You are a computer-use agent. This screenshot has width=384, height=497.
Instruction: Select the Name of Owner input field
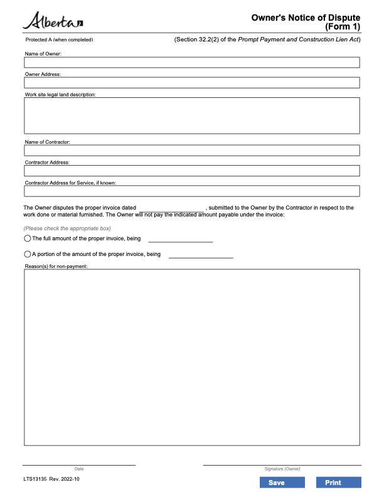point(191,63)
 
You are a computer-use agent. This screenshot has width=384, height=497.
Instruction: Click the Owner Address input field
point(191,83)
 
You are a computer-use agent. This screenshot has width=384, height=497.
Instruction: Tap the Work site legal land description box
point(191,115)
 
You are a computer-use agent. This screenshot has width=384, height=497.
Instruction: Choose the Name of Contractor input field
point(191,151)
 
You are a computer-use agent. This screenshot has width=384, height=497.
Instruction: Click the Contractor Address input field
point(191,171)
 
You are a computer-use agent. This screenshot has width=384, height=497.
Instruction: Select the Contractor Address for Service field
point(191,191)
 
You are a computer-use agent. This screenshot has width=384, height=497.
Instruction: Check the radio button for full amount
point(28,239)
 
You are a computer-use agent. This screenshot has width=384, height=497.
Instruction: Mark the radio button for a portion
point(28,254)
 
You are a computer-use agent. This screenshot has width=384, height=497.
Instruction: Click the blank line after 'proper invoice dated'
point(171,208)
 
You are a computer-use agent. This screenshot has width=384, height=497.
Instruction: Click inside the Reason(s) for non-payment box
point(191,357)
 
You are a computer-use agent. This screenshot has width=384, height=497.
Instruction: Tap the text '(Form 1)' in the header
point(343,28)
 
